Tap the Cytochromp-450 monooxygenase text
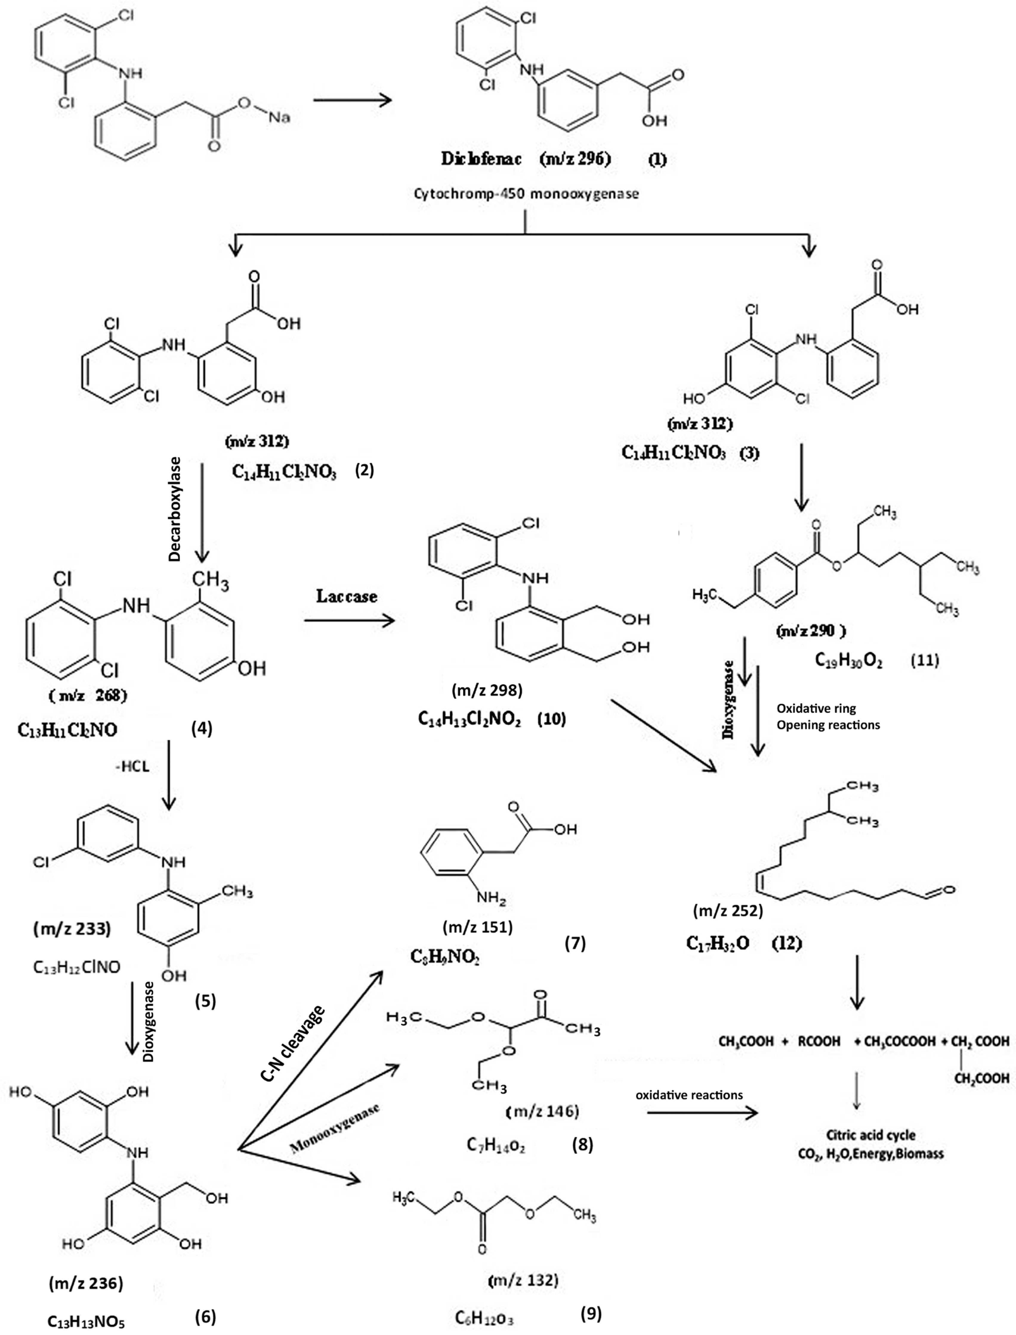[x=526, y=195]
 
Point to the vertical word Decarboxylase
[x=175, y=509]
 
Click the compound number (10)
[x=552, y=719]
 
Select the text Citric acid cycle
[x=870, y=1135]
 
